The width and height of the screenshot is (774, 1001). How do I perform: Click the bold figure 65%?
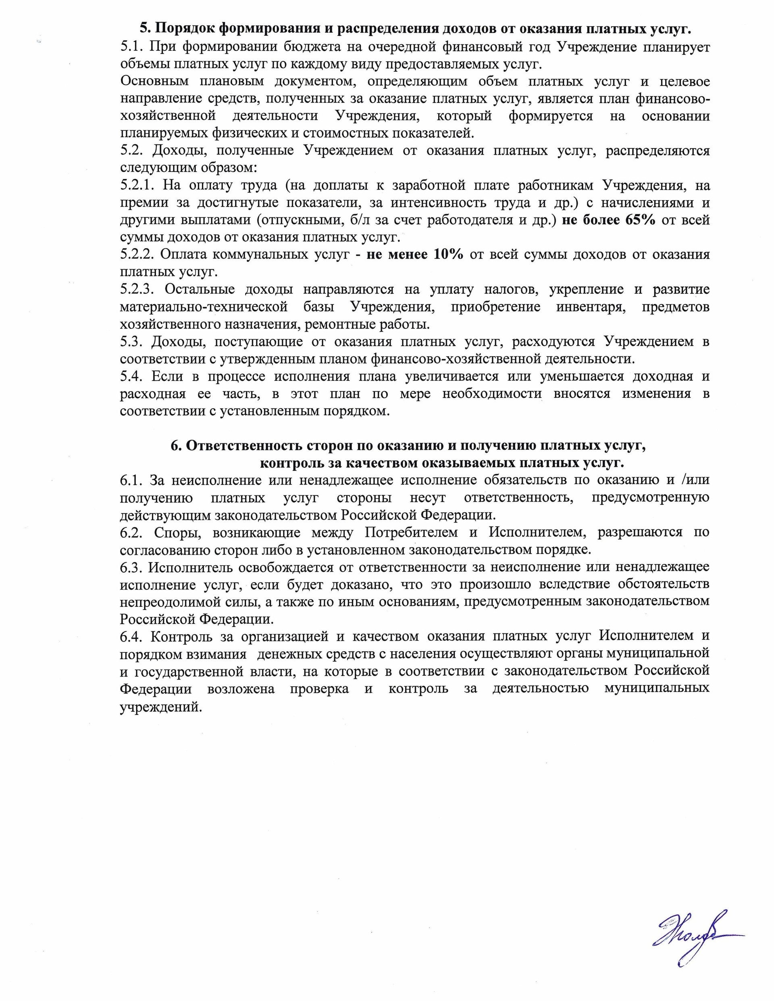(x=640, y=220)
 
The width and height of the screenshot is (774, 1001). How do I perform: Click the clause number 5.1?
(x=131, y=47)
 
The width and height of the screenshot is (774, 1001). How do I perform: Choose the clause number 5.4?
(x=131, y=376)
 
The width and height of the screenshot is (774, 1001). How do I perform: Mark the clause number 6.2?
(x=131, y=532)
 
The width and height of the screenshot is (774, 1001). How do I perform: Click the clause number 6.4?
(x=131, y=636)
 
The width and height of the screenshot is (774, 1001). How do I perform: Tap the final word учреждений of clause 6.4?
(x=160, y=706)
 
